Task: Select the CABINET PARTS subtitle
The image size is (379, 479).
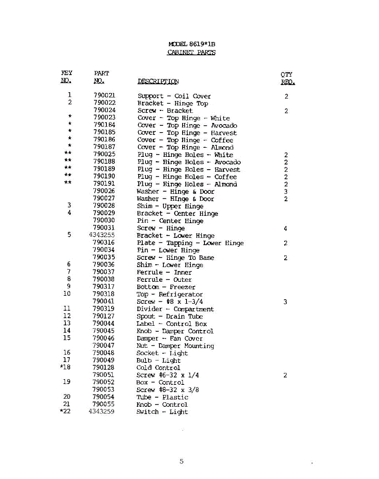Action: point(191,52)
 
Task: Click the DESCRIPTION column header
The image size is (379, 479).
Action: point(158,82)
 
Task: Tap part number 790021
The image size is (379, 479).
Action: point(104,96)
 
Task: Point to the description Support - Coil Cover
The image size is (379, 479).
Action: point(174,96)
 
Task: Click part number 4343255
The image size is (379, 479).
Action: point(102,236)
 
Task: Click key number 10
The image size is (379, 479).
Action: point(67,294)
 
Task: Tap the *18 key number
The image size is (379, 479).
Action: point(65,367)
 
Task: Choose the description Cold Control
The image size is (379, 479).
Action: point(158,368)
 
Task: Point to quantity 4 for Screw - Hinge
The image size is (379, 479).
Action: point(286,229)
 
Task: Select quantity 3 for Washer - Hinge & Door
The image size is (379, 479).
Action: point(286,192)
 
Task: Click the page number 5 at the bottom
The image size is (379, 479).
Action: point(181,461)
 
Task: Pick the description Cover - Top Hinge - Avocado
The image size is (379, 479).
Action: point(187,126)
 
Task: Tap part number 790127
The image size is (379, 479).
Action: point(104,316)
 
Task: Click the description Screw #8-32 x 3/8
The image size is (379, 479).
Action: point(167,390)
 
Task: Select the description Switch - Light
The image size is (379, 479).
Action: point(162,412)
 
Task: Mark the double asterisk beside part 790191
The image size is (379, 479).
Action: point(68,183)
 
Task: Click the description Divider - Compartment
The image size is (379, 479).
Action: point(175,309)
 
